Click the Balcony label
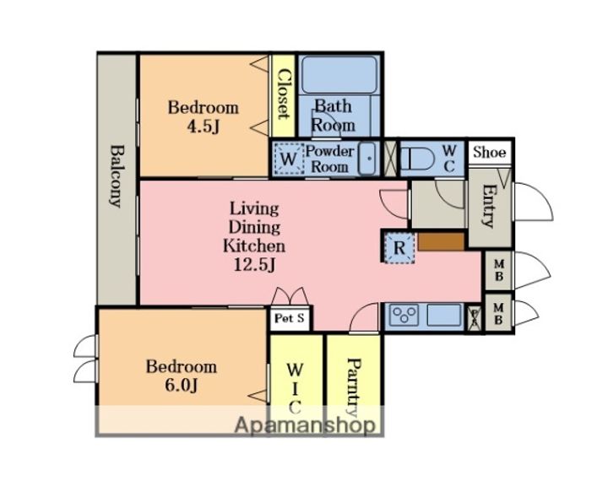pyautogui.click(x=117, y=176)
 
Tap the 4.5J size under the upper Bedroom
pyautogui.click(x=204, y=127)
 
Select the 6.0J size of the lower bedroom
pyautogui.click(x=182, y=385)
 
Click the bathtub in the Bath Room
pyautogui.click(x=339, y=75)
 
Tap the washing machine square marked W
pyautogui.click(x=288, y=159)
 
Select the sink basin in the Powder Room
pyautogui.click(x=366, y=159)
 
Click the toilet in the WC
pyautogui.click(x=416, y=159)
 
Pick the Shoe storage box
pyautogui.click(x=490, y=152)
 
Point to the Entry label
pyautogui.click(x=488, y=205)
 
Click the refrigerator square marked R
pyautogui.click(x=399, y=247)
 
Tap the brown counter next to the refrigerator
pyautogui.click(x=442, y=242)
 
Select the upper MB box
pyautogui.click(x=499, y=270)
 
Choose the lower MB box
pyautogui.click(x=499, y=314)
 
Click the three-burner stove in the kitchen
pyautogui.click(x=405, y=315)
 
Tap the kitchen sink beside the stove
pyautogui.click(x=444, y=315)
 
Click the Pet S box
pyautogui.click(x=290, y=319)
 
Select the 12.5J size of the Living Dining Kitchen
pyautogui.click(x=254, y=264)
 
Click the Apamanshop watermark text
pyautogui.click(x=305, y=424)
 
